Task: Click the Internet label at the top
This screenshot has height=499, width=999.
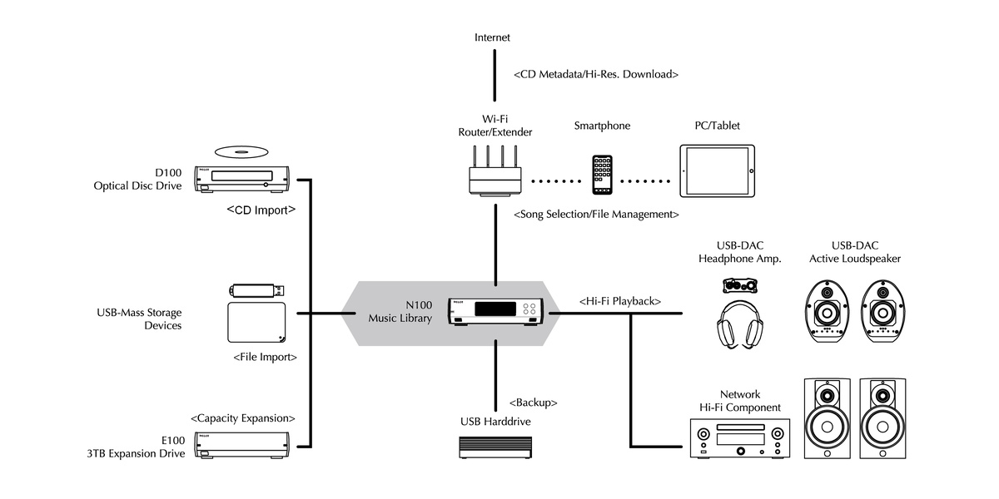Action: point(492,37)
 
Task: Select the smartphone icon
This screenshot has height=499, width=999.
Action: point(603,175)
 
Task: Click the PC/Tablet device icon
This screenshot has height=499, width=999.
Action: point(717,170)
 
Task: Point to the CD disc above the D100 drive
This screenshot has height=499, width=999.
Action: point(242,151)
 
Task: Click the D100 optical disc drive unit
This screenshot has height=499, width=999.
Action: point(242,179)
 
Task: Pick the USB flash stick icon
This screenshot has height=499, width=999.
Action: point(257,290)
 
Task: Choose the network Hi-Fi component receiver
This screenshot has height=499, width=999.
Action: point(738,437)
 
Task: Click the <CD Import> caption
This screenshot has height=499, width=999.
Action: point(261,210)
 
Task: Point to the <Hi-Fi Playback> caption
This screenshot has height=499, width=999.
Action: point(619,301)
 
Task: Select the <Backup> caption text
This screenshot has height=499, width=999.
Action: point(533,403)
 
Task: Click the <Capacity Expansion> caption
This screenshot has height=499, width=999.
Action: point(242,417)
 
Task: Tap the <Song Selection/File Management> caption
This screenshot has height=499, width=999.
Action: point(596,215)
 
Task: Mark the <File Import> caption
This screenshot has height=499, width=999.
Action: point(265,357)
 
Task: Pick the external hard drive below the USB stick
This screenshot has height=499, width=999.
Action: point(256,323)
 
